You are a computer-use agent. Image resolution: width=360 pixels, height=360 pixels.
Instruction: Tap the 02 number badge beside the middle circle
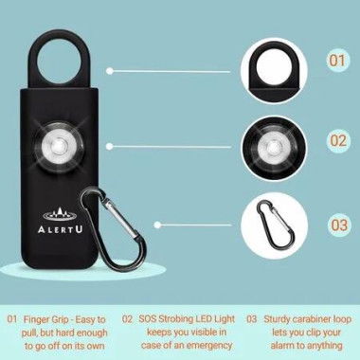click(336, 140)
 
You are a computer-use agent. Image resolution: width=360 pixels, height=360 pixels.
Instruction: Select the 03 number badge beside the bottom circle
click(336, 225)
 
